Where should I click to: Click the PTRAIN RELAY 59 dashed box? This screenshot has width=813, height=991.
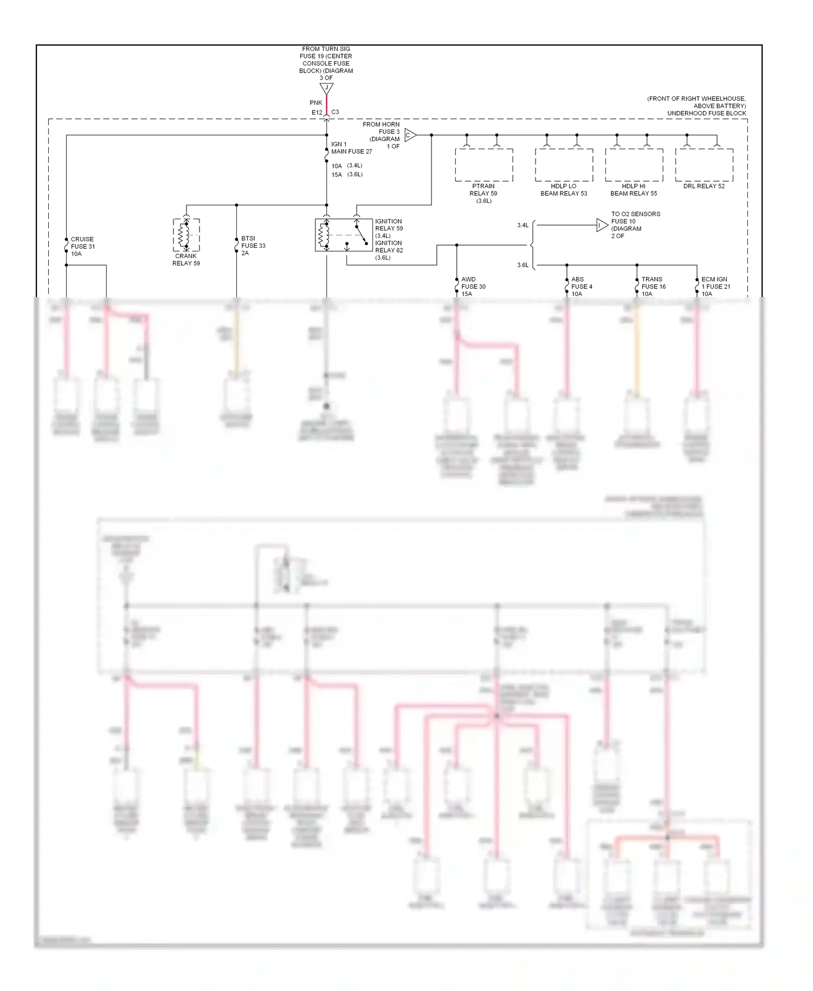pyautogui.click(x=483, y=165)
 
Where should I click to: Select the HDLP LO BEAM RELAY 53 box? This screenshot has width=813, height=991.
pyautogui.click(x=564, y=165)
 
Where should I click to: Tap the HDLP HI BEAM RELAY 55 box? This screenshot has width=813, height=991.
pyautogui.click(x=634, y=165)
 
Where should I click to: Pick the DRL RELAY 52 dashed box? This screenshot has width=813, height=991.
pyautogui.click(x=704, y=165)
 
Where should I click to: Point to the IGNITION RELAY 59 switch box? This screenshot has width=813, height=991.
pyautogui.click(x=344, y=235)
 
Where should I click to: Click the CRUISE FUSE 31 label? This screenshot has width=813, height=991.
pyautogui.click(x=82, y=247)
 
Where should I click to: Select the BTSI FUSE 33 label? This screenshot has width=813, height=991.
pyautogui.click(x=253, y=246)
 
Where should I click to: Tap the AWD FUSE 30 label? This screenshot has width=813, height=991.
pyautogui.click(x=473, y=287)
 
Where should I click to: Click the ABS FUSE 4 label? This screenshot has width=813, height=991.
pyautogui.click(x=581, y=287)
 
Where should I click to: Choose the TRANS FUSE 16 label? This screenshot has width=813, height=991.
pyautogui.click(x=653, y=287)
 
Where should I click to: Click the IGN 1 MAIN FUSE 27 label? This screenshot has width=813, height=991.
pyautogui.click(x=351, y=148)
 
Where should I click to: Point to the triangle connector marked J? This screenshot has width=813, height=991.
pyautogui.click(x=326, y=88)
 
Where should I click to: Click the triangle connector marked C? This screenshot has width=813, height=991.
pyautogui.click(x=410, y=135)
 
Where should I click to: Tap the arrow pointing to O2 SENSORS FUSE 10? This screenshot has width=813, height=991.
pyautogui.click(x=602, y=225)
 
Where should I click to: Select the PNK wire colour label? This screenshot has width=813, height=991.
pyautogui.click(x=316, y=103)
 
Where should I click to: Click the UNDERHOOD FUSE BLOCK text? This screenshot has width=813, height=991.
pyautogui.click(x=706, y=113)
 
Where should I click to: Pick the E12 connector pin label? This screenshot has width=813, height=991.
pyautogui.click(x=317, y=113)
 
